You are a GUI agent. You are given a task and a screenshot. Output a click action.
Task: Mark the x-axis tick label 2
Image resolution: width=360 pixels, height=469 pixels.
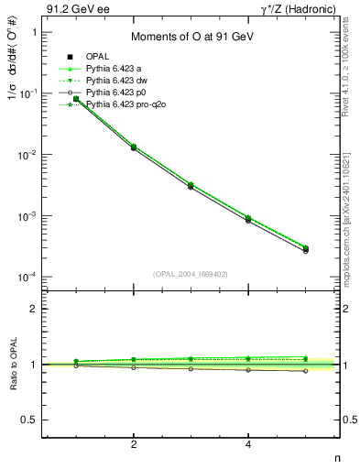pyautogui.click(x=134, y=444)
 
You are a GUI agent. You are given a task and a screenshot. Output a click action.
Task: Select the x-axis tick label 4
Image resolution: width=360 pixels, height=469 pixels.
pyautogui.click(x=249, y=444)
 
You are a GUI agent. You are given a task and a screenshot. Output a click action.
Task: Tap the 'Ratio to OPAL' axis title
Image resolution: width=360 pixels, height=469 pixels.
pyautogui.click(x=13, y=365)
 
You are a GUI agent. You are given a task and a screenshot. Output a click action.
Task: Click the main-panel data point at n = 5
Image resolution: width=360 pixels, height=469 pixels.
pyautogui.click(x=306, y=248)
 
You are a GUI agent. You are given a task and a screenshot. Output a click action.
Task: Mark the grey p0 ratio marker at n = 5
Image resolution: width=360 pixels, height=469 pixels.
pyautogui.click(x=306, y=371)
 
